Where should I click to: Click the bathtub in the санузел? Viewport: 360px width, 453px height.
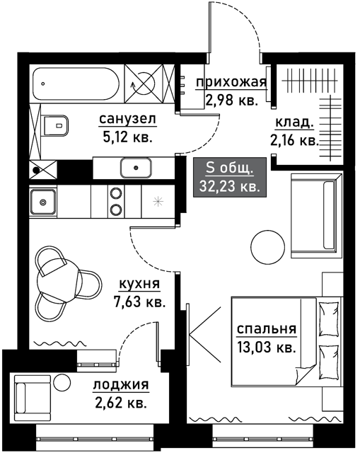tap(76, 84)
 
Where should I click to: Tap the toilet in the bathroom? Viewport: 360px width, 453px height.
tap(57, 125)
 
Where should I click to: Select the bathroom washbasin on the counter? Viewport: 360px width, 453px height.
tap(136, 168)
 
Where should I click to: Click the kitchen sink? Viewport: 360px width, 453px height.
tap(43, 202)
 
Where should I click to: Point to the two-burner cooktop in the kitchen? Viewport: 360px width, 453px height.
tap(116, 201)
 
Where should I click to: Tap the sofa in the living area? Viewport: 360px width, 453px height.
tap(317, 215)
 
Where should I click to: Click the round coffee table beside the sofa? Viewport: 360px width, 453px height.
tap(267, 247)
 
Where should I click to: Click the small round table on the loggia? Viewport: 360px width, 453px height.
tap(62, 382)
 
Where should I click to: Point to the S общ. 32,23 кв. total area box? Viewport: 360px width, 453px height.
tap(230, 178)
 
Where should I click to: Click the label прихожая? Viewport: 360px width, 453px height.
tap(231, 83)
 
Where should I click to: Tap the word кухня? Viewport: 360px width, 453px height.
tap(139, 284)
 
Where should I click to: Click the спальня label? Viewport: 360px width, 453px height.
tap(267, 329)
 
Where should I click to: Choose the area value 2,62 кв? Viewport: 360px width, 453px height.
tap(121, 403)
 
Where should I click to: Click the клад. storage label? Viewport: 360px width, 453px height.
tap(294, 122)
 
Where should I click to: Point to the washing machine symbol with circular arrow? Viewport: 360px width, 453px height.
tap(143, 84)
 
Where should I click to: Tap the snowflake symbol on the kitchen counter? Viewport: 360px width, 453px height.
tap(158, 202)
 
